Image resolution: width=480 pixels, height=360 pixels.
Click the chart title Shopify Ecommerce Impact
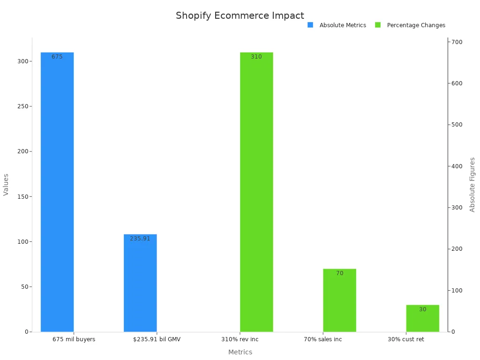pyautogui.click(x=240, y=15)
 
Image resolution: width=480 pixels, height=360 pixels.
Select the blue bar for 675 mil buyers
pyautogui.click(x=57, y=192)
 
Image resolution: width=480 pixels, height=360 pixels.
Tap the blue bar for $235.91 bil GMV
pyautogui.click(x=140, y=283)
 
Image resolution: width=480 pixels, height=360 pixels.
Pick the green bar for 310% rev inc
pyautogui.click(x=256, y=192)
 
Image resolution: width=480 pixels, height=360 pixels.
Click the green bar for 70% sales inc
pyautogui.click(x=339, y=300)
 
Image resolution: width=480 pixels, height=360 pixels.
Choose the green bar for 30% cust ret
pyautogui.click(x=422, y=318)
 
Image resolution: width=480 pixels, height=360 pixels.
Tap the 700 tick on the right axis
pyautogui.click(x=457, y=42)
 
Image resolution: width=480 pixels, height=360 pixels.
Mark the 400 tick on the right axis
pyautogui.click(x=457, y=166)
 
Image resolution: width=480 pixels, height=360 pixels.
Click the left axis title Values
pyautogui.click(x=6, y=185)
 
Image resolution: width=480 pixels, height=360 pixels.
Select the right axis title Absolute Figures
pyautogui.click(x=472, y=185)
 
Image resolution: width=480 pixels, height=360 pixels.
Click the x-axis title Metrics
pyautogui.click(x=240, y=352)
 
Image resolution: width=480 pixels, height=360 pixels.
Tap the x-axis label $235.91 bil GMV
pyautogui.click(x=157, y=339)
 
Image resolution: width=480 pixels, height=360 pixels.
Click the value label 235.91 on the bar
pyautogui.click(x=140, y=239)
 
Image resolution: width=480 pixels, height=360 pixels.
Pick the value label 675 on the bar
pyautogui.click(x=57, y=57)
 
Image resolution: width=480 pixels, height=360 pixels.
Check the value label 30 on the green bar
pyautogui.click(x=422, y=309)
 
